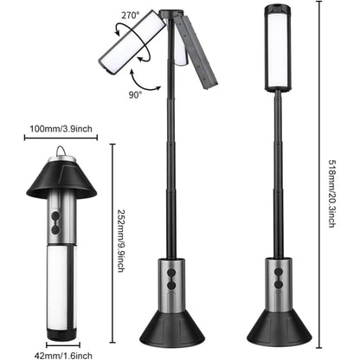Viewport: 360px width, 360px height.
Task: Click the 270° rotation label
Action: point(132,15)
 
